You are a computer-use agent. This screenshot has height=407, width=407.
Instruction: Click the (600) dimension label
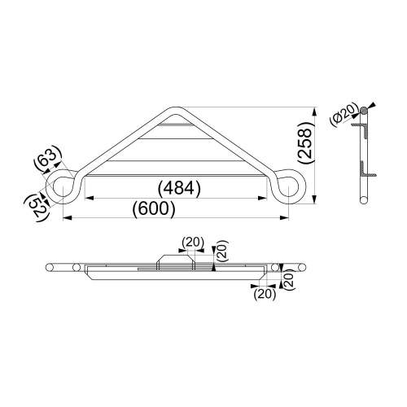pos(154,209)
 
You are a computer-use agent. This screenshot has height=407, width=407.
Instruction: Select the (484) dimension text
pos(179,188)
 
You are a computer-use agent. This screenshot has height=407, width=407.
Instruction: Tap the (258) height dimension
pos(306,142)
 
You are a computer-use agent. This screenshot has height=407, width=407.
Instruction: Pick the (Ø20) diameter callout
pos(343,115)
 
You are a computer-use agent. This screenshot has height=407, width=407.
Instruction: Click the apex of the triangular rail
pos(176,108)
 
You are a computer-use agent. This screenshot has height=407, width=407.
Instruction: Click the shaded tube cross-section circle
pos(364,110)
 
